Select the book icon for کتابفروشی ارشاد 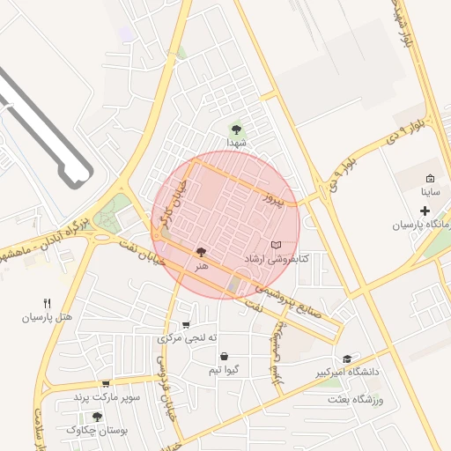tap(276, 245)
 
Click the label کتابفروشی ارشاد tap(276, 259)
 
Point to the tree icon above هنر tap(203, 252)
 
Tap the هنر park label tap(203, 265)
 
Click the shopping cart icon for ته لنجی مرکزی tap(185, 324)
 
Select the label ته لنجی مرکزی tap(187, 338)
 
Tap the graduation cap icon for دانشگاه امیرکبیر tap(347, 359)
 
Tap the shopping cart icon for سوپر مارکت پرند tap(106, 384)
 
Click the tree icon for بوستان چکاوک tap(97, 417)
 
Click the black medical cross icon tap(425, 211)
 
